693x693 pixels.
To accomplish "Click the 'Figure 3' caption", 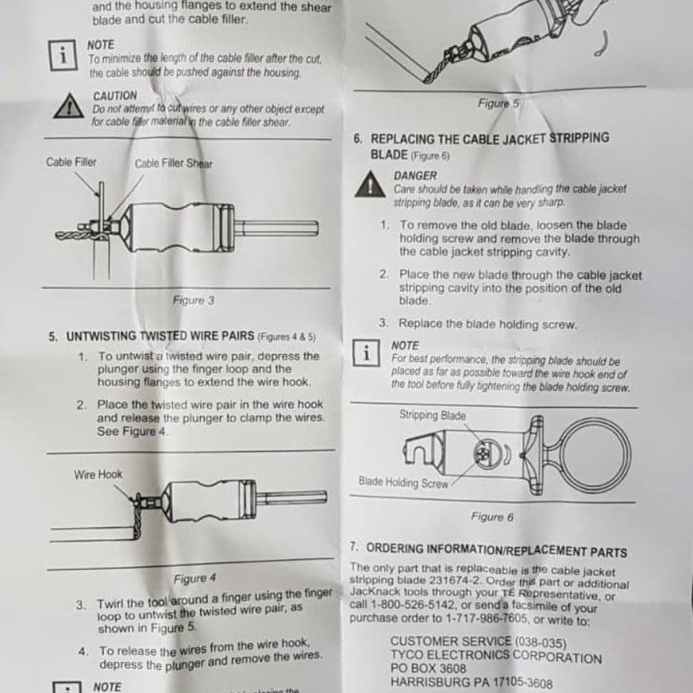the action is pyautogui.click(x=193, y=300).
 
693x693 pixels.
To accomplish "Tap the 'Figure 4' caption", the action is pyautogui.click(x=195, y=578).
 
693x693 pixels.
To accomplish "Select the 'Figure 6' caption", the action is pyautogui.click(x=492, y=517).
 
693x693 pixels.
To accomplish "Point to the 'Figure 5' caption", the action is pyautogui.click(x=498, y=103).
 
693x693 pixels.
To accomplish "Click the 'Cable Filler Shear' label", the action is pyautogui.click(x=174, y=163).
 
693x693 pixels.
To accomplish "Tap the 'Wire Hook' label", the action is pyautogui.click(x=98, y=474).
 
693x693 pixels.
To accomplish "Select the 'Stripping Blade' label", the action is pyautogui.click(x=432, y=416).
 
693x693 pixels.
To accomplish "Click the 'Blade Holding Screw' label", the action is pyautogui.click(x=403, y=482).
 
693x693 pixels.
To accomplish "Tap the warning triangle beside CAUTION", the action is pyautogui.click(x=69, y=106).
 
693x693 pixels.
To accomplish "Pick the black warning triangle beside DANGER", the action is pyautogui.click(x=370, y=184).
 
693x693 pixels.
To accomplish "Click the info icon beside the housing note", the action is pyautogui.click(x=63, y=55).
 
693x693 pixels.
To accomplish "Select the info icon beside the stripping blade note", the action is pyautogui.click(x=366, y=353).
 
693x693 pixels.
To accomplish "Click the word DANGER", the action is pyautogui.click(x=415, y=176).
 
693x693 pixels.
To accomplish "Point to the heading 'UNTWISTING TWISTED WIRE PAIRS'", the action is pyautogui.click(x=160, y=336).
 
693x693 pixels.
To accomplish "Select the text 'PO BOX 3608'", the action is pyautogui.click(x=428, y=668).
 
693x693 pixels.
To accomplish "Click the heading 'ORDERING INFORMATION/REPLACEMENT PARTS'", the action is pyautogui.click(x=497, y=551).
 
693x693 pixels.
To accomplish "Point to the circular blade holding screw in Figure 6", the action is pyautogui.click(x=488, y=454).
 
